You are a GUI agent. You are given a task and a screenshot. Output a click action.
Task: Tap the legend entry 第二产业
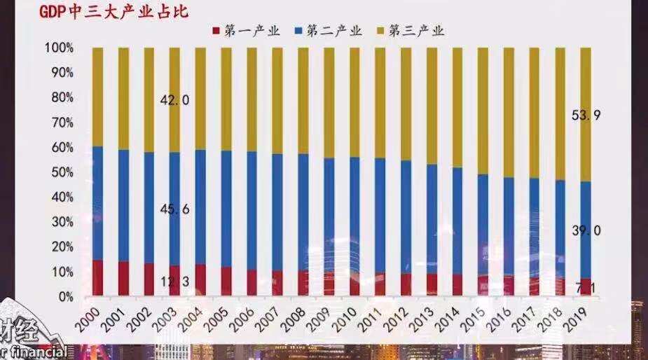(329, 30)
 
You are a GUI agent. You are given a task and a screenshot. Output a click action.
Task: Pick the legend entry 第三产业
(411, 30)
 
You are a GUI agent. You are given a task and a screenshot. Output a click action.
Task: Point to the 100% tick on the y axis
(59, 48)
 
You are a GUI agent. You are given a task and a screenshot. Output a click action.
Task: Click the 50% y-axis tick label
(62, 172)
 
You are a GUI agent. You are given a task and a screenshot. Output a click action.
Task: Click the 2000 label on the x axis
(88, 319)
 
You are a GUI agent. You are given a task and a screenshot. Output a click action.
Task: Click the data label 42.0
(174, 100)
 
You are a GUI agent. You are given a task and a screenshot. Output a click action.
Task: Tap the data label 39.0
(586, 230)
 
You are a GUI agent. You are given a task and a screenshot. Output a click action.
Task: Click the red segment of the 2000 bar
(97, 277)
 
